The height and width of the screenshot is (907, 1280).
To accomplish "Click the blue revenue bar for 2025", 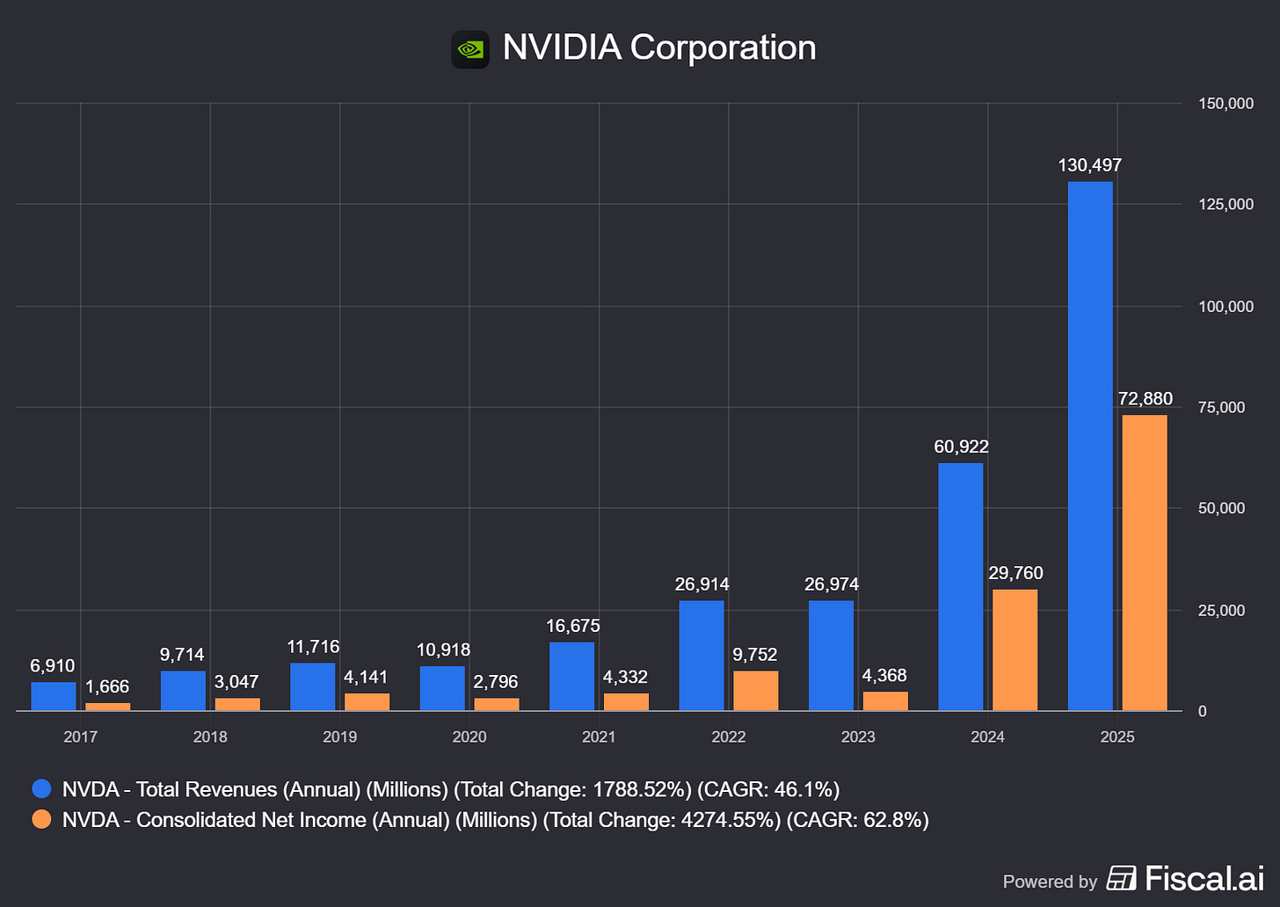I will (1090, 446).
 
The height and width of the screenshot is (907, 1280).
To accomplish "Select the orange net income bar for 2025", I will (1145, 562).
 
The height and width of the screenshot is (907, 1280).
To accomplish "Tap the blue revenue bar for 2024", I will (961, 586).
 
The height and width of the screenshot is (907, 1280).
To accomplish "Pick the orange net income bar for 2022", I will (756, 691).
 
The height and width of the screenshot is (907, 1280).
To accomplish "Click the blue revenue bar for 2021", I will (571, 676).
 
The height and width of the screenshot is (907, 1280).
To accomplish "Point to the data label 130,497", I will (1090, 165).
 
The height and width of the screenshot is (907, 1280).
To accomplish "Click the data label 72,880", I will (1145, 399).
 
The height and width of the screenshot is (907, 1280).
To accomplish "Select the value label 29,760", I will (1015, 573).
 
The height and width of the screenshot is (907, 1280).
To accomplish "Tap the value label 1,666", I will (107, 686).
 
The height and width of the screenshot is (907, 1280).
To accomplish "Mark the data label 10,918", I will (443, 649).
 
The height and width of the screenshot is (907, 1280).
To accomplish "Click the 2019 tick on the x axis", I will (339, 736).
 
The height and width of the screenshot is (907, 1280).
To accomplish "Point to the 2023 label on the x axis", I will (858, 736).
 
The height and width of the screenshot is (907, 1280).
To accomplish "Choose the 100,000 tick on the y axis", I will (1225, 306).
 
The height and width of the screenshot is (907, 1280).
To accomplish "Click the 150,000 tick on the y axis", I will (1225, 104).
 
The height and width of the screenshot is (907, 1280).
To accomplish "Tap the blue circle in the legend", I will (41, 789).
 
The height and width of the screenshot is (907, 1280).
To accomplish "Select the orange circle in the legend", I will (41, 819).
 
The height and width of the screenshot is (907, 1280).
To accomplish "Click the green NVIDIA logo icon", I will (470, 49).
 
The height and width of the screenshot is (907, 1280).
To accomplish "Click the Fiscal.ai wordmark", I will (1204, 878).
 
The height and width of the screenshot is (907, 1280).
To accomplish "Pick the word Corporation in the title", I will (723, 47).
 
